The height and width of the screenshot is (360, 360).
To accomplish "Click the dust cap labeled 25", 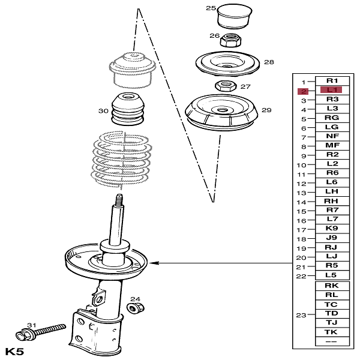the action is click(x=235, y=16).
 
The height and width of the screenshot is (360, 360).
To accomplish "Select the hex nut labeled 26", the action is click(x=231, y=40).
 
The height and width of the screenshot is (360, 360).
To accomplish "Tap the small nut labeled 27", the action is click(x=226, y=86).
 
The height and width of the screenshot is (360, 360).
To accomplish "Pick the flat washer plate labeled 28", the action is click(x=227, y=64).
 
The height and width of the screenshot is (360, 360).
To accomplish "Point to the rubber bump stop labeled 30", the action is click(x=128, y=109).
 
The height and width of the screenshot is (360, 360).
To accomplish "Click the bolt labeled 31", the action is click(x=40, y=332).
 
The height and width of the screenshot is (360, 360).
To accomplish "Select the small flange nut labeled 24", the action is click(x=136, y=308).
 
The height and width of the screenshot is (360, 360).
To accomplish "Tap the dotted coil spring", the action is click(x=122, y=159).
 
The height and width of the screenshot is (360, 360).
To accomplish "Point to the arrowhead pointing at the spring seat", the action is click(x=154, y=263).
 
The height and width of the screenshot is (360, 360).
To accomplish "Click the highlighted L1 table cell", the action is click(x=331, y=90).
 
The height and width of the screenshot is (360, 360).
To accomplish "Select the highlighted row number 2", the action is click(x=303, y=91).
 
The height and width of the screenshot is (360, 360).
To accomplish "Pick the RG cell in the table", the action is click(x=332, y=118).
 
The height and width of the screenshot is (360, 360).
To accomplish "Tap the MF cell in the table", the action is click(x=332, y=145).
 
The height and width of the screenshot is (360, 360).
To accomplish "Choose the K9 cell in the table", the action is click(x=332, y=229).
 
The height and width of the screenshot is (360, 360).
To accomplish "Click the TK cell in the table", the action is click(x=332, y=332).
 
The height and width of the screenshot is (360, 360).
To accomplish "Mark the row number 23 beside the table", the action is click(x=301, y=315).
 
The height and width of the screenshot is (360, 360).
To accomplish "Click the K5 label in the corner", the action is click(x=14, y=352).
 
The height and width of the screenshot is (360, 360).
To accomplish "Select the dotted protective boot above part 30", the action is click(x=132, y=70).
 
